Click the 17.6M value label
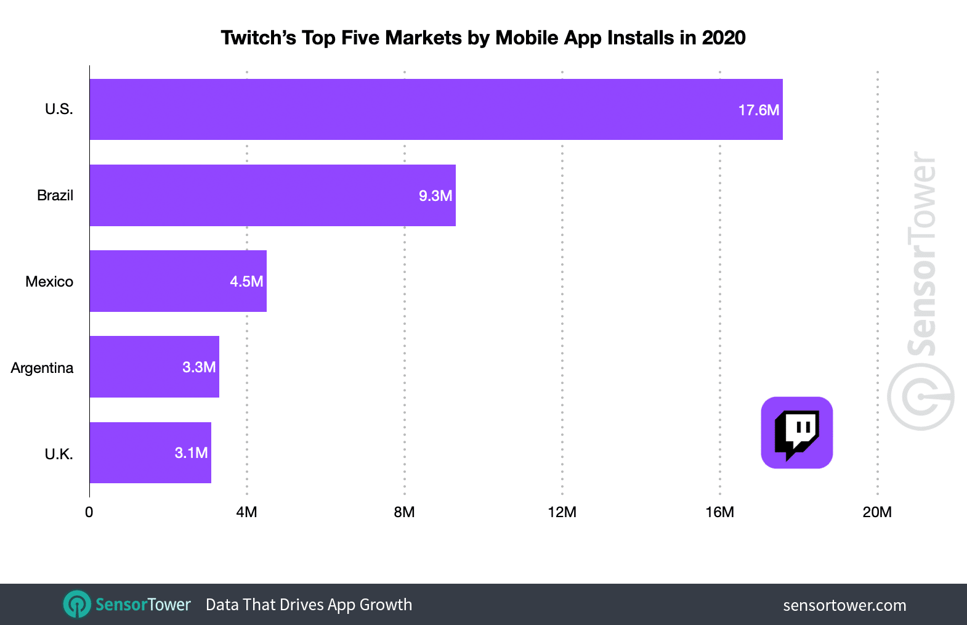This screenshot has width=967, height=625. coord(758,110)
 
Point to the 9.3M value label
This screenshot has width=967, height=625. coord(435,196)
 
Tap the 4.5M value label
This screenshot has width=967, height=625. coord(246,282)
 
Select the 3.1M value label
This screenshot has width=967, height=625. coord(191,453)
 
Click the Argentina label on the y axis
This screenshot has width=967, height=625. coord(42,368)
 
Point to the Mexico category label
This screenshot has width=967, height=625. coord(49,282)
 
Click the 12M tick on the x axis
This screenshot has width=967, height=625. coord(562,512)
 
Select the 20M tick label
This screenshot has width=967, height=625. coord(876,512)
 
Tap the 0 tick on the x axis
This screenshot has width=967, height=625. coord(89,512)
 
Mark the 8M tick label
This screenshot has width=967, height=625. coord(404,512)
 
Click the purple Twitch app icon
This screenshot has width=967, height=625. coord(796,433)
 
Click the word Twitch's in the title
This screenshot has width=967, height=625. coord(258,38)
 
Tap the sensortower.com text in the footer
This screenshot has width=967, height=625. coord(844,605)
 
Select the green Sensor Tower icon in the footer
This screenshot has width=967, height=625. coord(77,605)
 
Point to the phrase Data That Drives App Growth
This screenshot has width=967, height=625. coord(309,605)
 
